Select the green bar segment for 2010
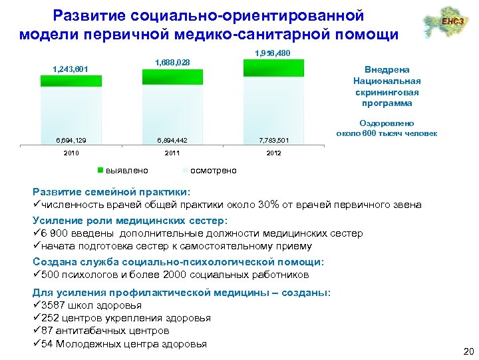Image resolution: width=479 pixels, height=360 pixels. coord(71,81)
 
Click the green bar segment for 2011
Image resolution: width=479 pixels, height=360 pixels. coord(172,77)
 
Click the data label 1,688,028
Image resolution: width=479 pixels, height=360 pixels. coord(172,63)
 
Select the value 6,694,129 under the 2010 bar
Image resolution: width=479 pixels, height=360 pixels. coord(71,140)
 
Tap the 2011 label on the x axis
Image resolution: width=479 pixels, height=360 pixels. coord(172,153)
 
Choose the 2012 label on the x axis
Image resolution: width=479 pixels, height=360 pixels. coord(273,153)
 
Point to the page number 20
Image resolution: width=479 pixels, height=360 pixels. coord(467,351)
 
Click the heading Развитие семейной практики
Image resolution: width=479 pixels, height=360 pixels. coord(110,192)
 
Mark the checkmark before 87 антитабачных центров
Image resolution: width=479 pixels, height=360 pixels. coord(37,331)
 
